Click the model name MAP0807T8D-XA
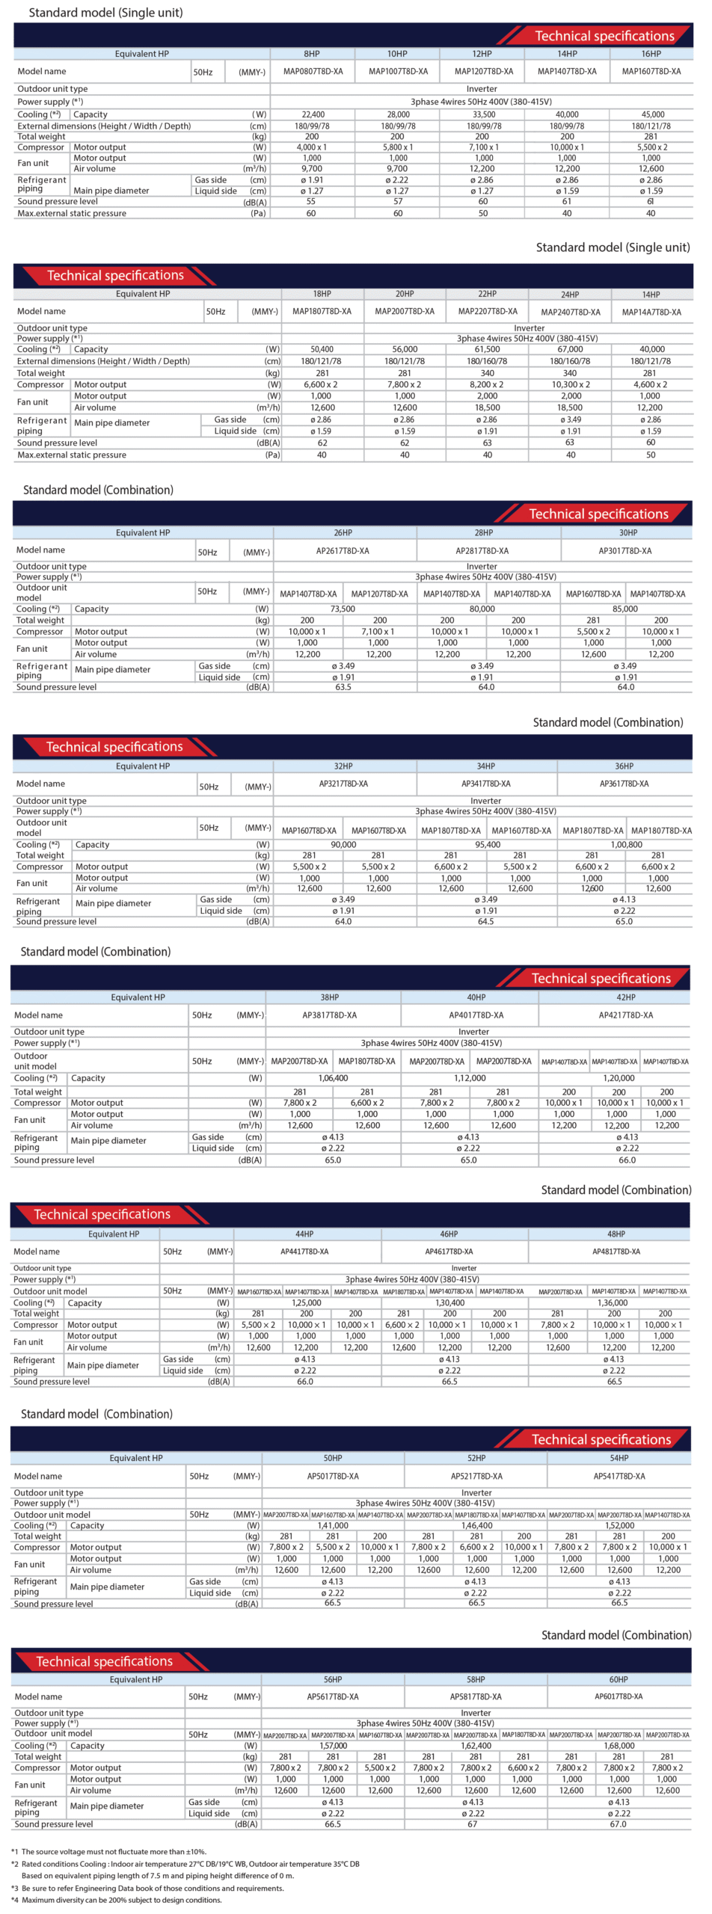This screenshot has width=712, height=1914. (313, 72)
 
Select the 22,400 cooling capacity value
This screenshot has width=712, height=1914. (313, 114)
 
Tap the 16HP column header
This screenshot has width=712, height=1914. (651, 54)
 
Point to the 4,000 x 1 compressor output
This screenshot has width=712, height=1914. (311, 147)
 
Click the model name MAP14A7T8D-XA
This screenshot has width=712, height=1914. (651, 312)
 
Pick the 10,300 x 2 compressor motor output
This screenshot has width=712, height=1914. (570, 384)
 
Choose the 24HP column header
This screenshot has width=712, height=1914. (570, 295)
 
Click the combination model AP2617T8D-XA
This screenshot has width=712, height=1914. (343, 551)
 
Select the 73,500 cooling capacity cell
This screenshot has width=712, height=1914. (343, 609)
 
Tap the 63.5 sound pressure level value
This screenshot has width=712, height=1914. (343, 687)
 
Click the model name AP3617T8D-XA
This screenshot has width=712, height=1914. (624, 784)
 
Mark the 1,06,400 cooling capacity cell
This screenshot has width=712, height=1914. (333, 1078)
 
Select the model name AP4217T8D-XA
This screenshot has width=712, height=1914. (625, 1015)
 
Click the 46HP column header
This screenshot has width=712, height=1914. (449, 1234)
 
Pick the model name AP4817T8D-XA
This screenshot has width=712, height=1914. (616, 1252)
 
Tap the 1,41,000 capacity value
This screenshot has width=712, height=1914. (333, 1525)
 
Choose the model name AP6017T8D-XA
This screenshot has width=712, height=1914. (618, 1696)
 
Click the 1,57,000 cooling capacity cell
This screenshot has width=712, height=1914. (333, 1746)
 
